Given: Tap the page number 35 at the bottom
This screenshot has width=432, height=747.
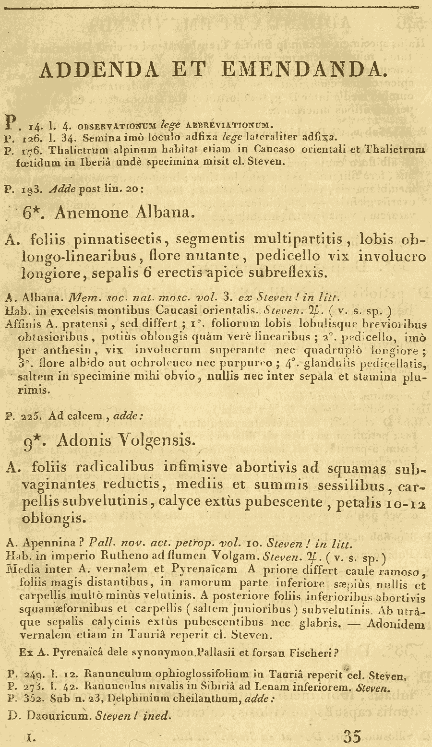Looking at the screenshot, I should (352, 735).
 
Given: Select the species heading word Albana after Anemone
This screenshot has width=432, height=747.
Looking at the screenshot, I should (165, 213).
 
